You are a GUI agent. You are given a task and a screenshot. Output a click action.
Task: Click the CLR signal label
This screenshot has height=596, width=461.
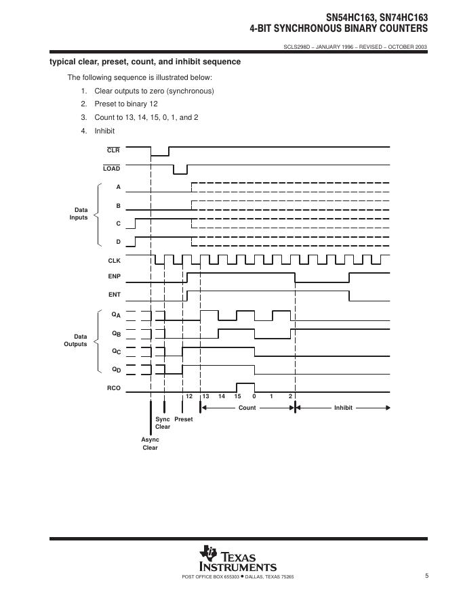click(113, 150)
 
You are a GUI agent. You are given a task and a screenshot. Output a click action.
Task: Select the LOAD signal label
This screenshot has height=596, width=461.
click(112, 169)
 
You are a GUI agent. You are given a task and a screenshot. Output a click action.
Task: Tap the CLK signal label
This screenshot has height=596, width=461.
click(114, 261)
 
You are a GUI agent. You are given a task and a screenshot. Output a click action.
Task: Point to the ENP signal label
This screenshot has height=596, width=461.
click(114, 277)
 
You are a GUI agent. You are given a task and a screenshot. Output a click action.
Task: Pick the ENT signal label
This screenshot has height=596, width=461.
click(114, 295)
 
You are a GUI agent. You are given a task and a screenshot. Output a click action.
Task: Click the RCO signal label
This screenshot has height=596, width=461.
click(114, 388)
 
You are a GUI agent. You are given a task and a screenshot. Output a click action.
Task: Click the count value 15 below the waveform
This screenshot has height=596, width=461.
click(237, 396)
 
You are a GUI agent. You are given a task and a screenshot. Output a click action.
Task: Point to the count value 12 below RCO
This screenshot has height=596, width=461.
click(189, 396)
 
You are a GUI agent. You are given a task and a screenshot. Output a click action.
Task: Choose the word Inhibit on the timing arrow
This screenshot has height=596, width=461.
click(343, 408)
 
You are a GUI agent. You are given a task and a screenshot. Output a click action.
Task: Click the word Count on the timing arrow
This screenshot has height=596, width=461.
click(247, 408)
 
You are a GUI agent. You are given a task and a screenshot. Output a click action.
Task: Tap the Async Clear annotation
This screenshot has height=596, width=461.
click(150, 444)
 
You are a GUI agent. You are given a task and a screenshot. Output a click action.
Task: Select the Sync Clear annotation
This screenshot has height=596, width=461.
click(163, 423)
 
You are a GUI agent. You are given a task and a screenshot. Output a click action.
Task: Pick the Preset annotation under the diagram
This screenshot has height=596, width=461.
click(183, 419)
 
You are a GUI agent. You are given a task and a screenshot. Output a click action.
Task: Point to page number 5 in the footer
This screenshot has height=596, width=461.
click(426, 576)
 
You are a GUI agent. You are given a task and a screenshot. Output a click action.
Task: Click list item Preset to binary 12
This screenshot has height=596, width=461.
click(125, 104)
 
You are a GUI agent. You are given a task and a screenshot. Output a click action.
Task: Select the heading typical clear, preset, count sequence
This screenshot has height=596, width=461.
click(145, 62)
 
